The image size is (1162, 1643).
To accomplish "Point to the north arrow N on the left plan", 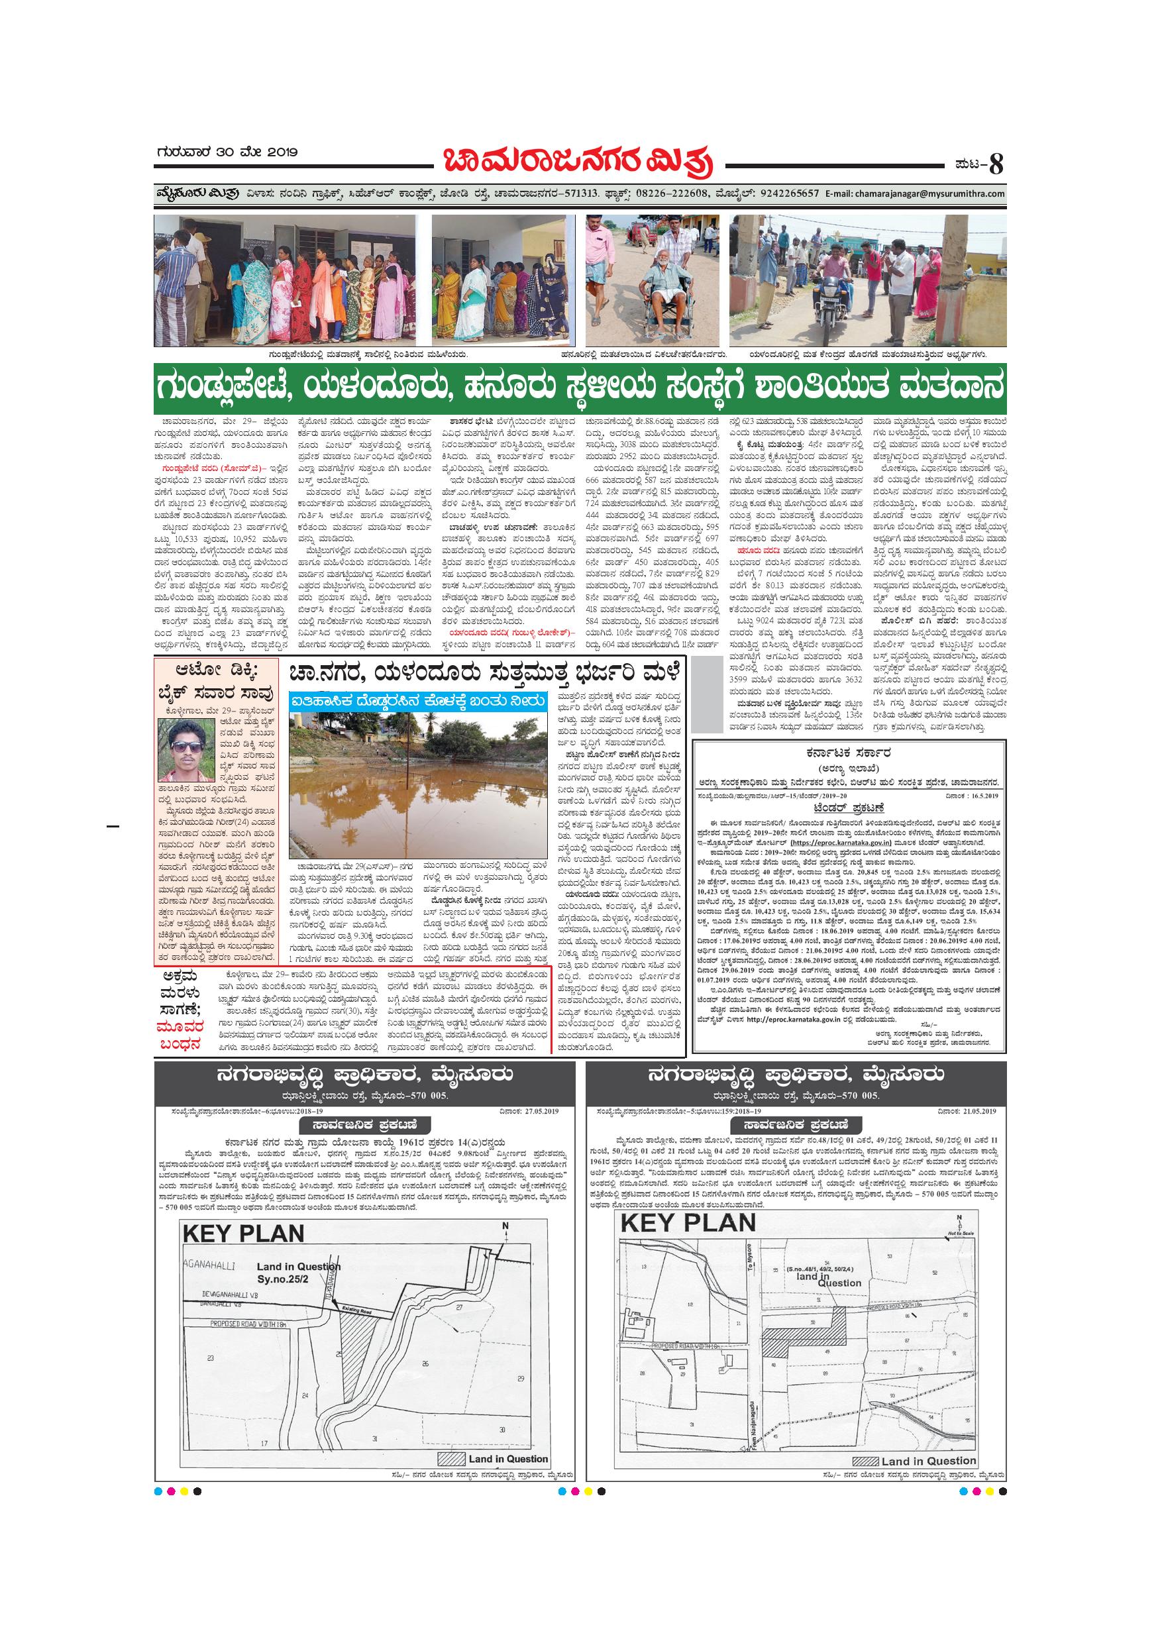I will pos(505,1231).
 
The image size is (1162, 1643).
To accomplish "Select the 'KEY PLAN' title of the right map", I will pos(688,1223).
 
